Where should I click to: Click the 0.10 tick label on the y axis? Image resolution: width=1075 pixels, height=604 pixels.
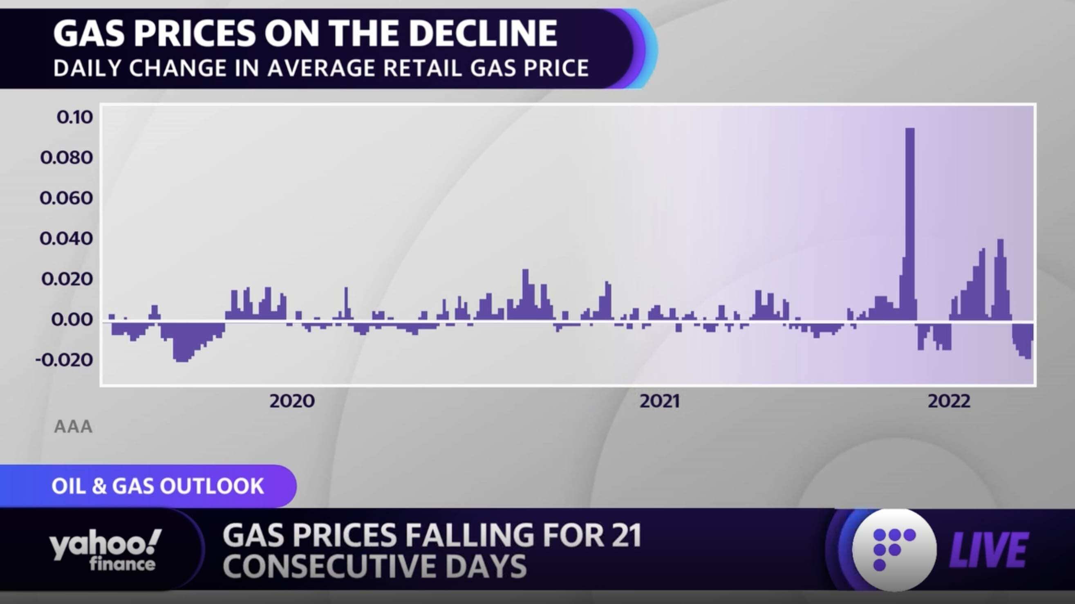click(75, 117)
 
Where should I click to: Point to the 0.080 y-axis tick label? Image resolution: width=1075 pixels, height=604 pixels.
click(67, 158)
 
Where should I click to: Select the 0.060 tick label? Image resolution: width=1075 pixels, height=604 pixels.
click(66, 198)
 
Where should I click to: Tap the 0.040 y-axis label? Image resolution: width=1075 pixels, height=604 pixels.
click(66, 239)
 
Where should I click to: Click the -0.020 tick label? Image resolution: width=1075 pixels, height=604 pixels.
click(64, 360)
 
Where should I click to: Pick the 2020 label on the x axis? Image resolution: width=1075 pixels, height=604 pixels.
click(292, 401)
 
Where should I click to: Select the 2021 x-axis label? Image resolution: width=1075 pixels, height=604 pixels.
click(660, 401)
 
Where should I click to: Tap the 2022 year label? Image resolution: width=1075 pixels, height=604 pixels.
click(949, 401)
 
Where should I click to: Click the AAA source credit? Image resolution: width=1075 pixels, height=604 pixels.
click(74, 427)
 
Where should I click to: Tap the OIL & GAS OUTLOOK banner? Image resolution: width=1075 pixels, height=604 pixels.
click(157, 486)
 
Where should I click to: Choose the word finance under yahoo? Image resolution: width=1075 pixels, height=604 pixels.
click(122, 564)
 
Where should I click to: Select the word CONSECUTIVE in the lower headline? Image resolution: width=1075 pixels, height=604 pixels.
click(334, 566)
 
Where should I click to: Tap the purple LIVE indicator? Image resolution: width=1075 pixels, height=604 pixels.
click(988, 550)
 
